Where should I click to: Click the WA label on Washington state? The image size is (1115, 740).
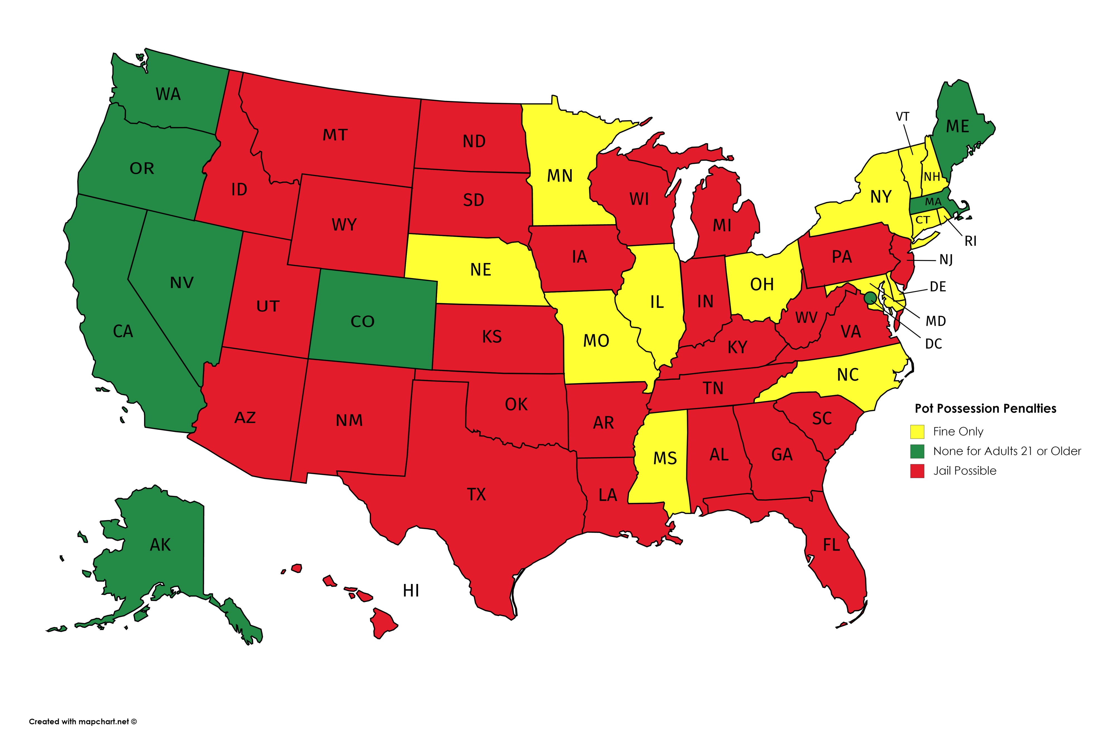pos(168,94)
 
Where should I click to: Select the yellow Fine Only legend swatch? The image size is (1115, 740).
pos(917,431)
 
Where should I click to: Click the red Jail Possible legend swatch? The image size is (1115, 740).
pos(917,471)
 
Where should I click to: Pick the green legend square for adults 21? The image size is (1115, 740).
pos(917,451)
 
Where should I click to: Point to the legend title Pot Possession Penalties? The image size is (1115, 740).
pos(985,409)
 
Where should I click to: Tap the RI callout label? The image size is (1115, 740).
pos(970,241)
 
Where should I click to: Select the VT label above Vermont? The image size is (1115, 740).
pos(902,116)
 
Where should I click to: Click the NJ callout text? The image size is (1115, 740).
pos(946,260)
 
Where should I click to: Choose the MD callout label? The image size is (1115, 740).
pos(935,322)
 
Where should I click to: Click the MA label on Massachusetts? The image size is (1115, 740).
pos(933,202)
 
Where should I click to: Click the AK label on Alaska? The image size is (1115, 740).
pos(160,545)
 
